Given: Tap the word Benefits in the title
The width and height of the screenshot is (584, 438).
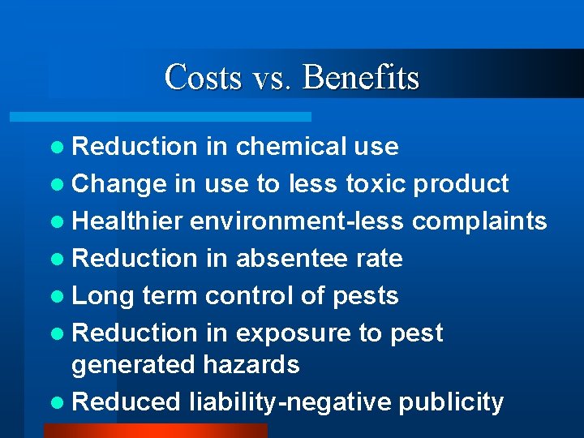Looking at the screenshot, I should pyautogui.click(x=361, y=78).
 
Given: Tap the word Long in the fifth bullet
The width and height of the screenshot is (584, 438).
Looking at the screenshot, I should pyautogui.click(x=102, y=297).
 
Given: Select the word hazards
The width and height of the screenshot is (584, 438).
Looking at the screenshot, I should pyautogui.click(x=251, y=365).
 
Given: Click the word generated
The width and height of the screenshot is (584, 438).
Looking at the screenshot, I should pyautogui.click(x=133, y=366).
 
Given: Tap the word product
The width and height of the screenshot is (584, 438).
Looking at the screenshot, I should pyautogui.click(x=461, y=185).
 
